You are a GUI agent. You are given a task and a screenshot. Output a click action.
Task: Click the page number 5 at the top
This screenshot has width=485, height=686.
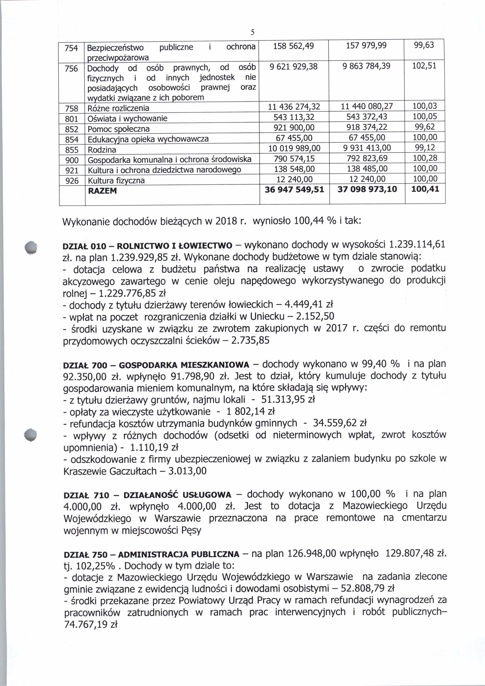coord(252,32)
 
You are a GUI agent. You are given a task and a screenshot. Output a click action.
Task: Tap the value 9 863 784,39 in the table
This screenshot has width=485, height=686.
coord(366,66)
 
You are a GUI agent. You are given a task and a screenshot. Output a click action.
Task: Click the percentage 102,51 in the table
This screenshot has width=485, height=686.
coord(424,66)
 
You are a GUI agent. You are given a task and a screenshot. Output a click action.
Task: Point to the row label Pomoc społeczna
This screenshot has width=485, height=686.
coord(118,129)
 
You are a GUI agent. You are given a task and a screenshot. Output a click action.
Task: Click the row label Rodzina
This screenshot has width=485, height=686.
coord(102,150)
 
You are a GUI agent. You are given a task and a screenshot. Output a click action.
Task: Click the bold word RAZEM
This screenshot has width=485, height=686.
coord(102,191)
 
